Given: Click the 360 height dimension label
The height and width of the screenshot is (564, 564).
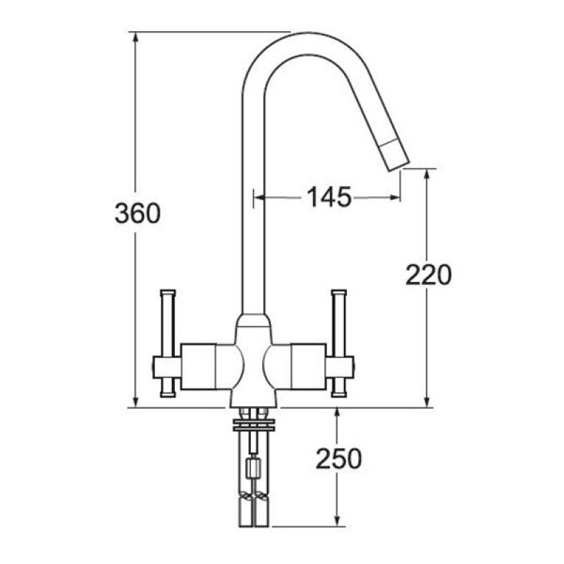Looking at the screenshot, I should pyautogui.click(x=137, y=213).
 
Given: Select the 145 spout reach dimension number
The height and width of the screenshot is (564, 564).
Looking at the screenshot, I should pyautogui.click(x=328, y=198).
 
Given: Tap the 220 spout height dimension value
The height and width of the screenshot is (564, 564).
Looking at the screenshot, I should pyautogui.click(x=428, y=275).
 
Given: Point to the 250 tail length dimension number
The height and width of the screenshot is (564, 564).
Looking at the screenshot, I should pyautogui.click(x=338, y=459).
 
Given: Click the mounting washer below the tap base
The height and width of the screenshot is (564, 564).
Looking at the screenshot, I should pyautogui.click(x=253, y=424).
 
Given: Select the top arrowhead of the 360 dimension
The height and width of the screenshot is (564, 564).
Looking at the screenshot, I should pyautogui.click(x=135, y=37).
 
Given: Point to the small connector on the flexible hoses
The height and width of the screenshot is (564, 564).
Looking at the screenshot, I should pyautogui.click(x=253, y=467).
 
